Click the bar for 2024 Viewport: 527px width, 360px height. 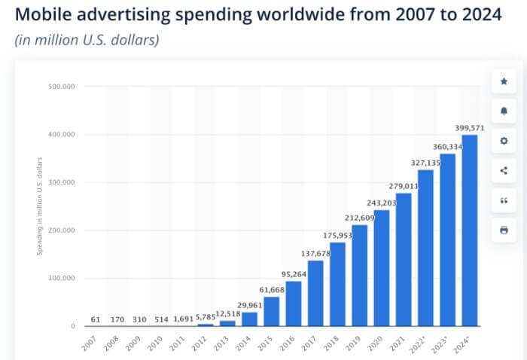[x=470, y=230]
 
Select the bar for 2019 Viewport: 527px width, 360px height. [x=359, y=275]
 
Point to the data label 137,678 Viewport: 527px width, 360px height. [x=315, y=253]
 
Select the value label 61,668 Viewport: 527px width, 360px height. [x=271, y=289]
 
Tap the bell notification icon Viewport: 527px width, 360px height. [x=504, y=111]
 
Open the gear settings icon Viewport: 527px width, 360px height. [x=504, y=141]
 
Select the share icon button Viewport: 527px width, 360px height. [x=504, y=170]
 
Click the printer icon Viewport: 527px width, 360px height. [x=504, y=230]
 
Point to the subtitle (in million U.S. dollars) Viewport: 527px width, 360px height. [x=87, y=40]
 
